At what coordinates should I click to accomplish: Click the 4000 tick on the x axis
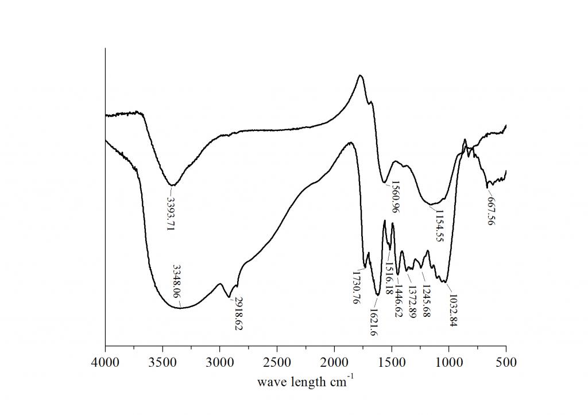[x=105, y=363]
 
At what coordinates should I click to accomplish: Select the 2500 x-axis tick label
[x=277, y=363]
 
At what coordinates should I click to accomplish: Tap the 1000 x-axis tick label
[x=448, y=363]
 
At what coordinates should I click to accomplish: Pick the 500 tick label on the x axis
[x=506, y=363]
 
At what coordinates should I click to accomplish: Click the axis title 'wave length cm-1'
[x=305, y=381]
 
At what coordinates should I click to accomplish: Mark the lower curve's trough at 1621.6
[x=377, y=294]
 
